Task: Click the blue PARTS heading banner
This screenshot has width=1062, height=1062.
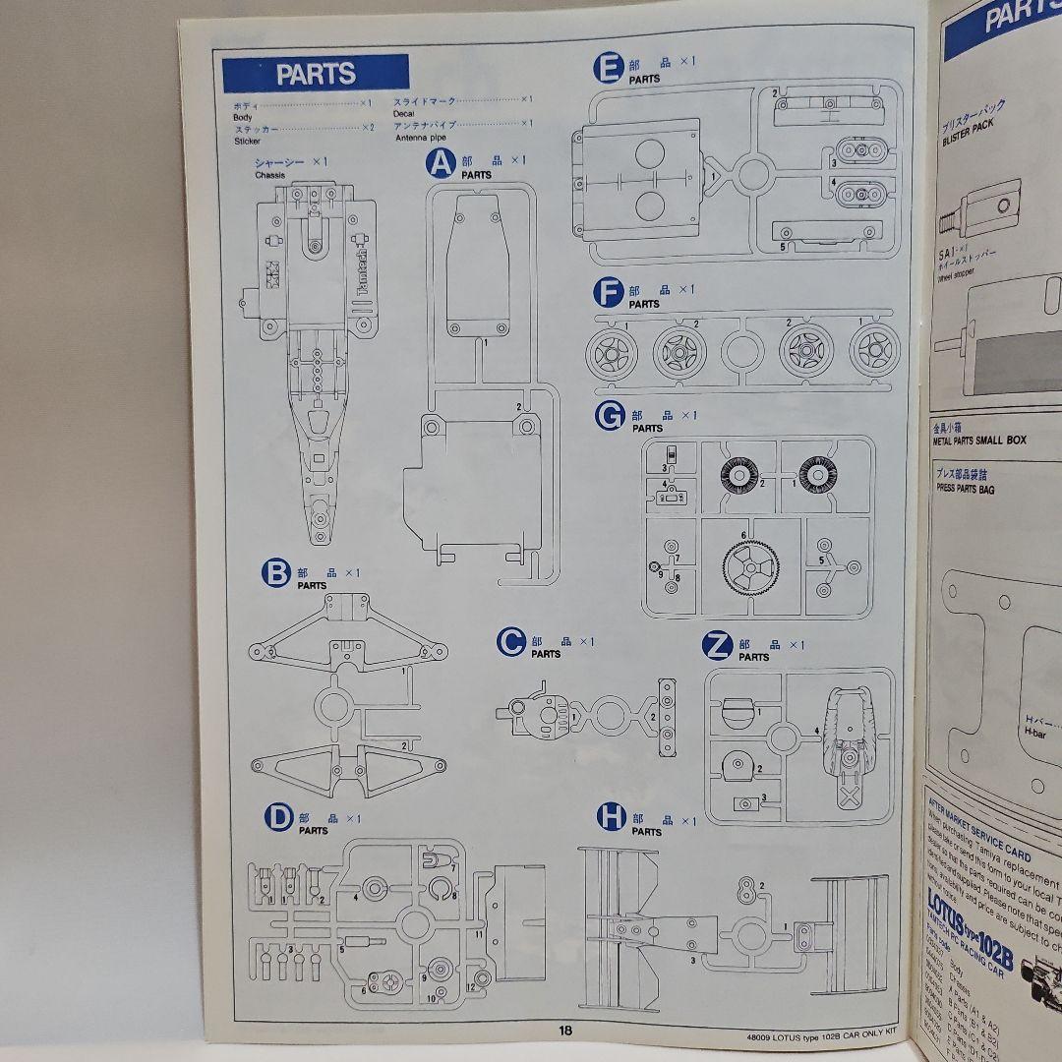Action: (x=315, y=74)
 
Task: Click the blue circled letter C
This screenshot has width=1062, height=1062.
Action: (x=510, y=644)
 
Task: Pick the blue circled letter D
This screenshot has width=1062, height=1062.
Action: (x=279, y=818)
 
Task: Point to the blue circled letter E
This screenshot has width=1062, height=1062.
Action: (x=608, y=68)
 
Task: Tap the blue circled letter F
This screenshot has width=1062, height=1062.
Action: (x=608, y=293)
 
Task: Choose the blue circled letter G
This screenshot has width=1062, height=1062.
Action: (x=610, y=417)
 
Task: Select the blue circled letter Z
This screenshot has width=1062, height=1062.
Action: (x=718, y=646)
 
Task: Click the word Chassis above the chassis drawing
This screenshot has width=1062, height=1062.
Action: (x=269, y=175)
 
